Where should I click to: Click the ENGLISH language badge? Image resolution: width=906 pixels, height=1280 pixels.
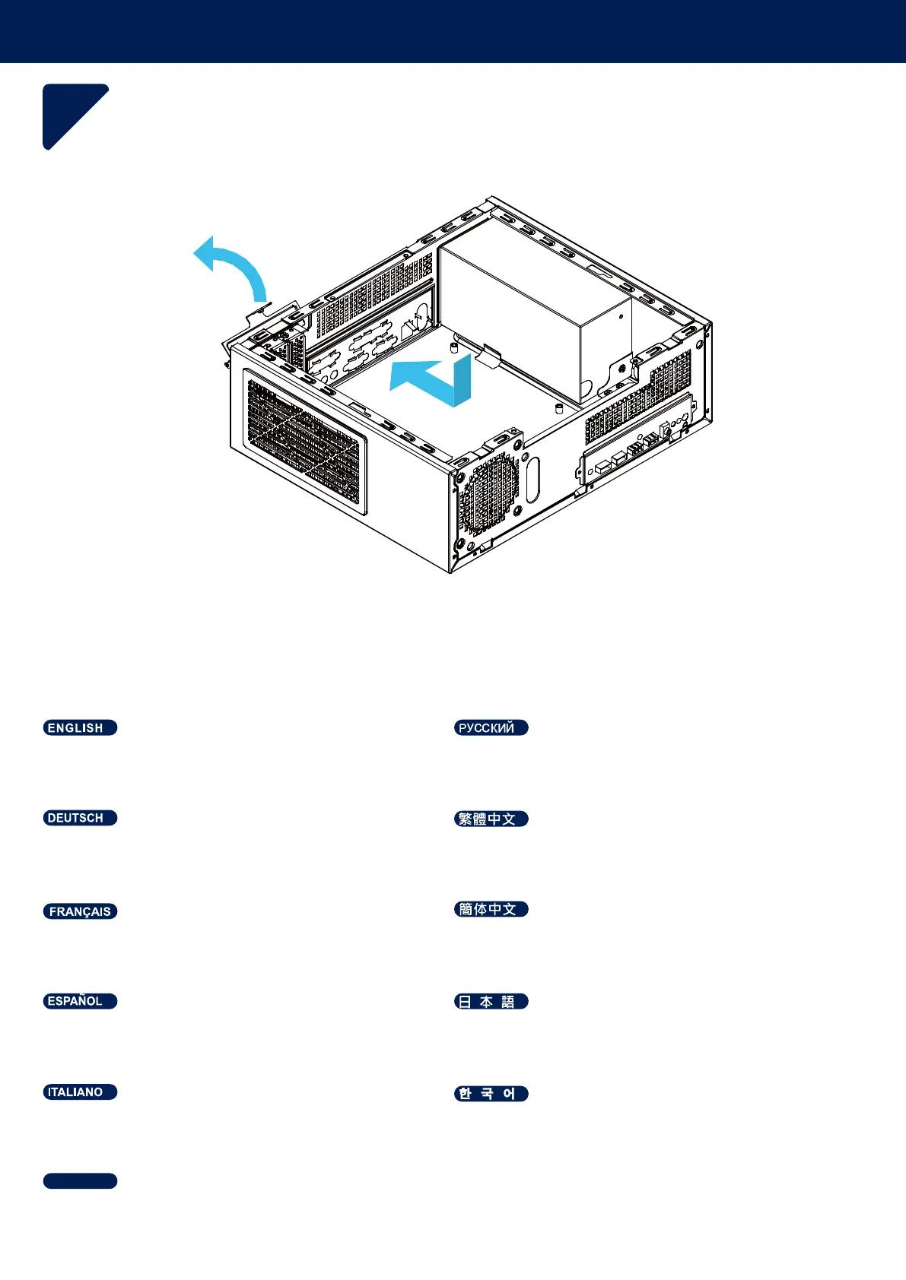pos(80,727)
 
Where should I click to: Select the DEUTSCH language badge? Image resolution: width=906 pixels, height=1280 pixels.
pos(80,818)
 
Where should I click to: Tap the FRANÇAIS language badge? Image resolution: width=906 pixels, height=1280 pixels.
pos(80,911)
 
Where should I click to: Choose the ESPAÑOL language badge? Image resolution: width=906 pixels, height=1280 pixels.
pos(80,1001)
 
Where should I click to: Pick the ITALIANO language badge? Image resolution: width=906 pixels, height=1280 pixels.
pos(80,1092)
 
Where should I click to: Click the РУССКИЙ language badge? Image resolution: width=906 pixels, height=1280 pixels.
pos(491,727)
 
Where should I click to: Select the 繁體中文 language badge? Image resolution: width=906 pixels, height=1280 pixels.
pos(491,819)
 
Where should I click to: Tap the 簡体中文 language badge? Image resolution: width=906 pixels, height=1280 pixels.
pos(491,909)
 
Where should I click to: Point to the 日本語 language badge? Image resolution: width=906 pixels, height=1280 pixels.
pos(491,1002)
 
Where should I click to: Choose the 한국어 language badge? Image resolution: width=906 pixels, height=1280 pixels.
pos(491,1094)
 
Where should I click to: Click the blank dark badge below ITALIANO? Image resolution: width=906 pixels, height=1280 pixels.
pos(80,1180)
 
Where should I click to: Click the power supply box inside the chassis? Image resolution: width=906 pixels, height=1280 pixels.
pos(532,312)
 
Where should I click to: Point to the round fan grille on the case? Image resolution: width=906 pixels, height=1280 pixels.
pos(491,494)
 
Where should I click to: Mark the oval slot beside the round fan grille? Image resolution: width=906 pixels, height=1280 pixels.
pos(532,479)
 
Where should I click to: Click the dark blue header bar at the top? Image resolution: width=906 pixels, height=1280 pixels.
pos(453,31)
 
